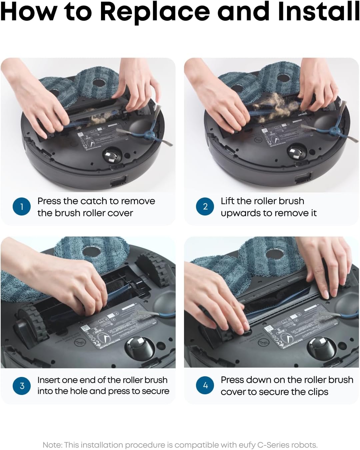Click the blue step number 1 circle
[22, 206]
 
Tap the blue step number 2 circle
[205, 206]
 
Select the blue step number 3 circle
[22, 386]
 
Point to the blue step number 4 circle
[205, 386]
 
